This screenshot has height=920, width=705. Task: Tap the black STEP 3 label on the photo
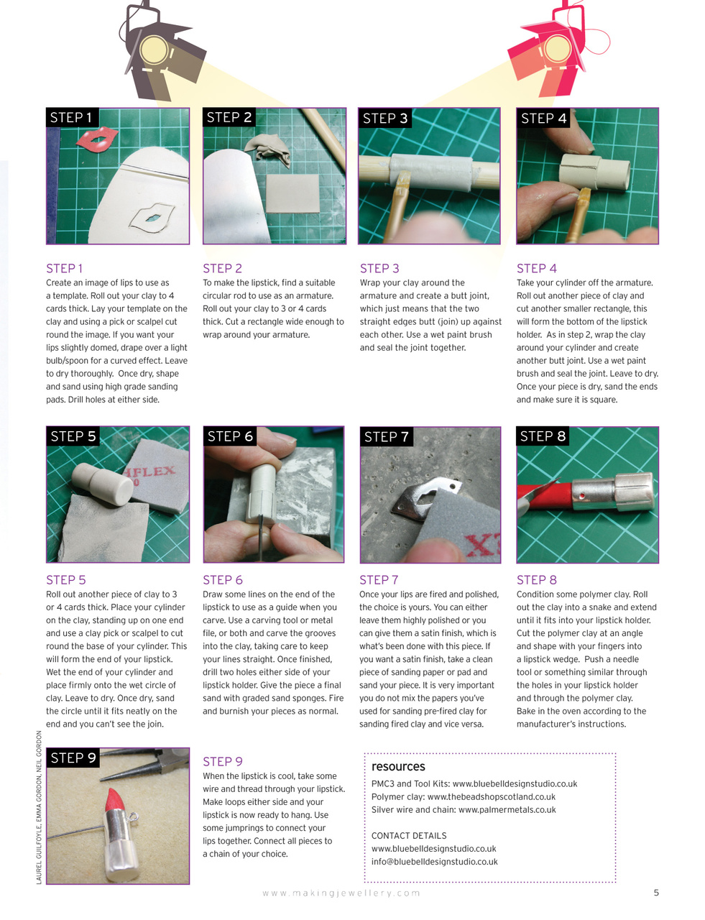(385, 119)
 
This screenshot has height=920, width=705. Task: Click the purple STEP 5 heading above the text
(65, 579)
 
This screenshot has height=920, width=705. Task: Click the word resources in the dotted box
(398, 766)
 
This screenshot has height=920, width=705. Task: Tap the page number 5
(656, 893)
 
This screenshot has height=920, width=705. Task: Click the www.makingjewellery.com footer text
(341, 893)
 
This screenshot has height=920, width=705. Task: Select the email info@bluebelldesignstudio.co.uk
(434, 861)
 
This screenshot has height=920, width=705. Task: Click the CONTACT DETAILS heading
(409, 835)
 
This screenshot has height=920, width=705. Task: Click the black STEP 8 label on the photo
(543, 436)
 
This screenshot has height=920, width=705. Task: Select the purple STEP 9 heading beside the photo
(223, 761)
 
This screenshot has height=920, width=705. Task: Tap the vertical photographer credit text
(39, 807)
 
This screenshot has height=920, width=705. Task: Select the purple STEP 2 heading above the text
(222, 268)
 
